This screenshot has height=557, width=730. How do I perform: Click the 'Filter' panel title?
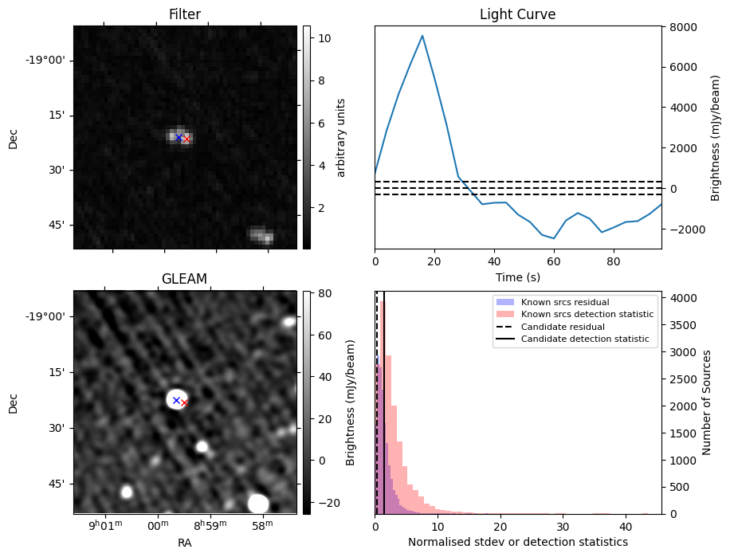[x=184, y=14]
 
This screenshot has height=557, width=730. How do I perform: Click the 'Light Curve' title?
[x=517, y=14]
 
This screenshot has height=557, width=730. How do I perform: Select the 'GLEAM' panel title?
[x=184, y=279]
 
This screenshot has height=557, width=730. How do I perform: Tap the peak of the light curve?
[x=422, y=35]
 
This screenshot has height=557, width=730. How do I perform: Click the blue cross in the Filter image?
[x=179, y=137]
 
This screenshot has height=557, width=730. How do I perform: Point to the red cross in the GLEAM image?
[x=184, y=403]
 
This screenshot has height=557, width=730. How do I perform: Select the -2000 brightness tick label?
[x=680, y=229]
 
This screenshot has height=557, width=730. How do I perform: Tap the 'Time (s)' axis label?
[x=517, y=277]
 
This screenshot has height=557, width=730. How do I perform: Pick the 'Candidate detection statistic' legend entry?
[x=584, y=339]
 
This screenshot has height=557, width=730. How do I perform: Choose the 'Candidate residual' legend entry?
[x=562, y=328]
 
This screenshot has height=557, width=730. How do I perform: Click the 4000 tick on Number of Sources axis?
[x=681, y=298]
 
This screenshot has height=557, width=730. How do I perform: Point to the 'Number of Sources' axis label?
[x=707, y=402]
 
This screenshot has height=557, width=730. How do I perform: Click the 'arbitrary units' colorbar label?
[x=341, y=137]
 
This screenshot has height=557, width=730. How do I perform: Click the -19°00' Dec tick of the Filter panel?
[x=49, y=61]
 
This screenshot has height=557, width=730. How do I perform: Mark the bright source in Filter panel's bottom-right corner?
[x=261, y=235]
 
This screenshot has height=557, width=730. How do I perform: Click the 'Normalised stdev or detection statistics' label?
[x=517, y=542]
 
